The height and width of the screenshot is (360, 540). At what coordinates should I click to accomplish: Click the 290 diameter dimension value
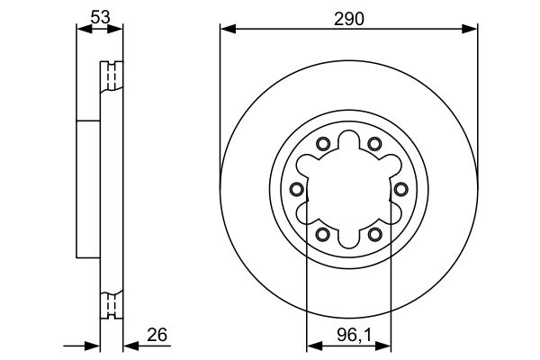point(348,19)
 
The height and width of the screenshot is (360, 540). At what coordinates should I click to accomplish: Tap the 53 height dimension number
point(100,17)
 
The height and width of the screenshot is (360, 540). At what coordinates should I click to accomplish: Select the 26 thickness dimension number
point(157,335)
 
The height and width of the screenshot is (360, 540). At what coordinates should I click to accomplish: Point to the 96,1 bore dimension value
point(355,335)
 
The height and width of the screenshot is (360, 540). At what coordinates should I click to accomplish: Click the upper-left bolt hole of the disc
point(323,144)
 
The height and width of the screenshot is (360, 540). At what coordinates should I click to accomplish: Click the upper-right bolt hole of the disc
point(374,144)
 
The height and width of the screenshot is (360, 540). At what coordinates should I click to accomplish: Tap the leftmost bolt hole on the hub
point(297,189)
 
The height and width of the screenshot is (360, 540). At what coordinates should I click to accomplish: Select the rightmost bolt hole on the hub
point(400,189)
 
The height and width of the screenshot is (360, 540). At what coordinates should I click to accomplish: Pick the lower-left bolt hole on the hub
point(323,235)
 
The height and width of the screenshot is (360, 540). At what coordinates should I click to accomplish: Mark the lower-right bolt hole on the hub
point(374,235)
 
